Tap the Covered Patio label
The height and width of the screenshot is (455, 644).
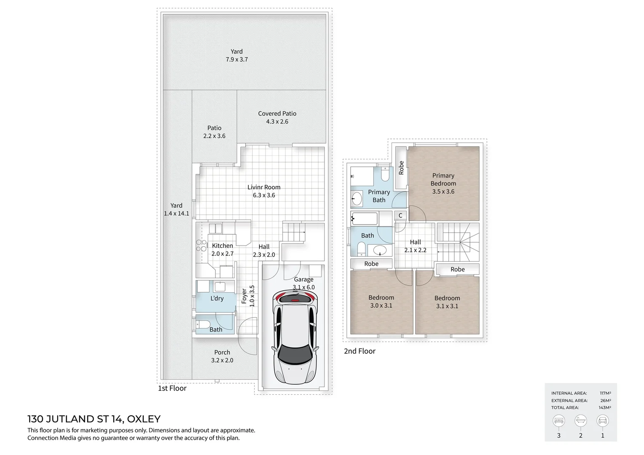point(277,114)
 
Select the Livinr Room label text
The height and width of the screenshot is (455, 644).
point(264,187)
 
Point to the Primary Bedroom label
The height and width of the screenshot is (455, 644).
point(443,179)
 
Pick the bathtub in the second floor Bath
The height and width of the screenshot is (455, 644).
point(365,218)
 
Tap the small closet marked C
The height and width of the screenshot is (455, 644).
point(400,215)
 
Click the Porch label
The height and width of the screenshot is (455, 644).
point(222,353)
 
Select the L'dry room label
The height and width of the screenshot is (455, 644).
point(217,298)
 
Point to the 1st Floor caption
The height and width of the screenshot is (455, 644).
point(172,388)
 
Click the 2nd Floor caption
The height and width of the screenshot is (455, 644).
point(360,351)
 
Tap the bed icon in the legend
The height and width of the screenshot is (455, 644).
point(559,420)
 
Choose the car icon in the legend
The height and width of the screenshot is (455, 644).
point(602,420)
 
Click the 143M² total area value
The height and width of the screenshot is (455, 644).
point(605,407)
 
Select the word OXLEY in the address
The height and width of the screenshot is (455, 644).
point(144,419)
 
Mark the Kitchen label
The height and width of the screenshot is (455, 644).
point(222,246)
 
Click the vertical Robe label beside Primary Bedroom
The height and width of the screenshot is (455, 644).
point(401,168)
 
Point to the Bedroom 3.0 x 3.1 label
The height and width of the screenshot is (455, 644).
point(381,297)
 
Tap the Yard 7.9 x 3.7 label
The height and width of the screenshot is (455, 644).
point(236,52)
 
